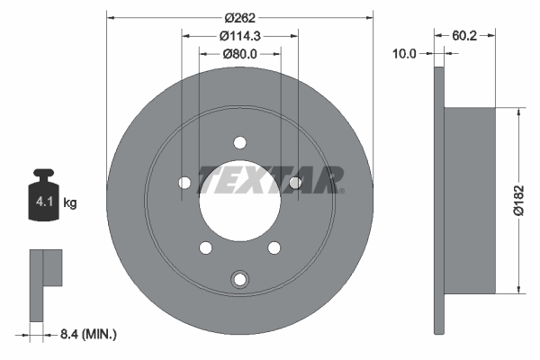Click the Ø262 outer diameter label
239,17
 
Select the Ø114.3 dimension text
239,36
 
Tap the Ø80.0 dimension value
239,54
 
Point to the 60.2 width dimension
465,36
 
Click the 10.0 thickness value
406,54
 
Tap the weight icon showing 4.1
44,194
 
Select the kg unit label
70,203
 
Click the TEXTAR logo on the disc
271,179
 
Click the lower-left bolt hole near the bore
205,247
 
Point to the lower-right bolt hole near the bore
274,247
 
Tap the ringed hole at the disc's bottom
239,280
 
